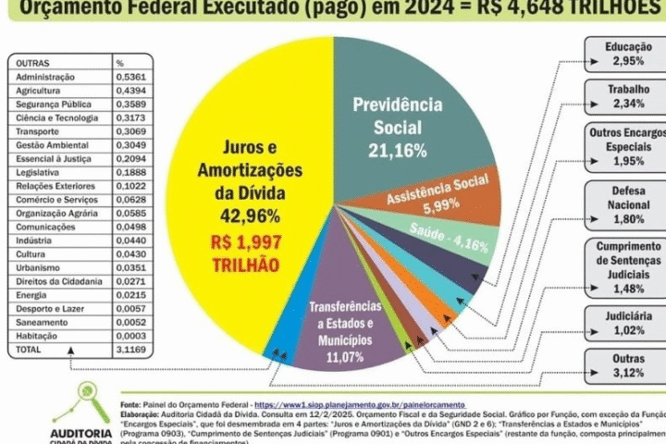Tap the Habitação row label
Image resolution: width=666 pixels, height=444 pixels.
(x=36, y=337)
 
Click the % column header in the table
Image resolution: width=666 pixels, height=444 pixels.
(x=119, y=63)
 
